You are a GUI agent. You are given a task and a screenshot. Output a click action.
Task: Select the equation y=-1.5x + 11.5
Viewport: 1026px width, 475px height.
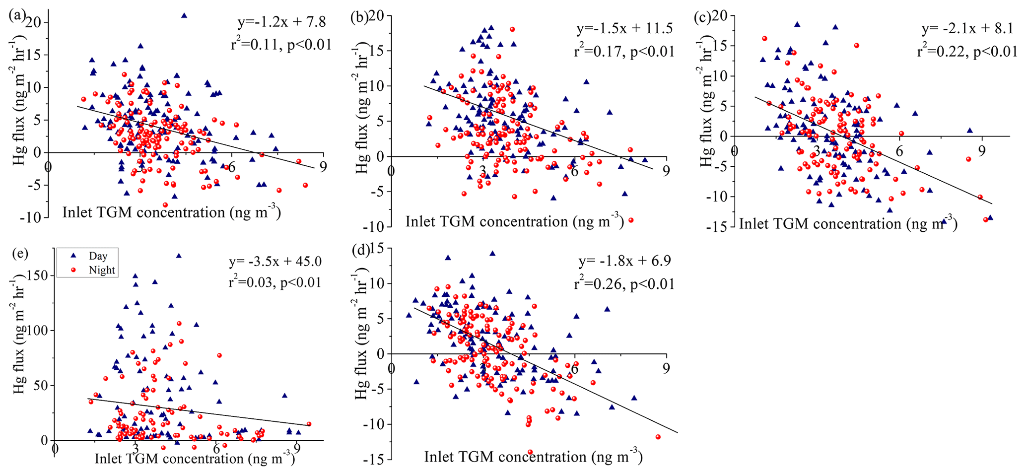624,28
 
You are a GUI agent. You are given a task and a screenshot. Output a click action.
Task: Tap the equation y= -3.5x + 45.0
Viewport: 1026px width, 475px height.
274,261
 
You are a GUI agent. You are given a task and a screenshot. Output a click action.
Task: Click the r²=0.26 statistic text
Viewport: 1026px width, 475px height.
625,284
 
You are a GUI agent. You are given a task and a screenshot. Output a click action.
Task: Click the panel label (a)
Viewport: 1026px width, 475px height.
17,14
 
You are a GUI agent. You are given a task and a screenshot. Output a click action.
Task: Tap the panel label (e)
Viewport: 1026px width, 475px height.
19,253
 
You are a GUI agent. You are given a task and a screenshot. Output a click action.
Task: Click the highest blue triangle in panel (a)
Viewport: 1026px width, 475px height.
184,15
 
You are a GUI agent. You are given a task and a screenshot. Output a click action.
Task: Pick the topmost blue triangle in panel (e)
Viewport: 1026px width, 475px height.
179,256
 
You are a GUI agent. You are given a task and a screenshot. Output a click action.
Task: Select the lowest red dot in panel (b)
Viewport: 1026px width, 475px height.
631,220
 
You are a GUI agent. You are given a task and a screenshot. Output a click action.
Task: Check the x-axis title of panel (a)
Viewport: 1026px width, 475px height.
172,212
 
